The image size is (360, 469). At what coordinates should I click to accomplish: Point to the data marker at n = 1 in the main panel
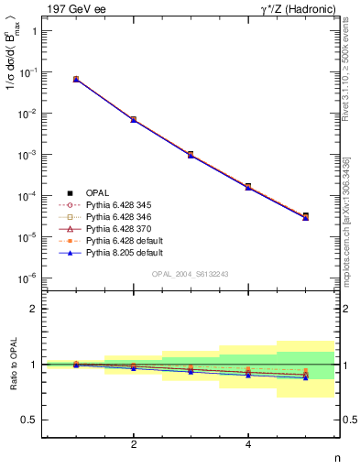[x=76, y=80]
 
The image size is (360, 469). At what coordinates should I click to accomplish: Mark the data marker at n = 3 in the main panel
[x=191, y=155]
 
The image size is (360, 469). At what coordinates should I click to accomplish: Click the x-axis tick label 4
[x=248, y=445]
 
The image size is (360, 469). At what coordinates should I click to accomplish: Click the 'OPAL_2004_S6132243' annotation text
[x=191, y=274]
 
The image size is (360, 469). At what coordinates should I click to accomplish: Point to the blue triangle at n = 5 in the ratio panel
[x=306, y=377]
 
